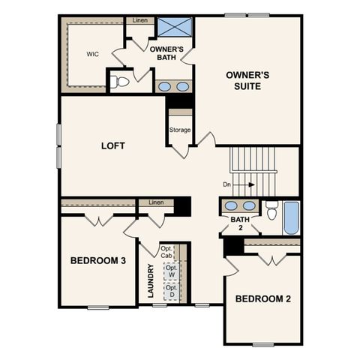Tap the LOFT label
pos(113,145)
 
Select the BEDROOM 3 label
pos(97,261)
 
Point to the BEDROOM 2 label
pos(263,298)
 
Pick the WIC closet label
pos(93,54)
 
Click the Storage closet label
pos(180,130)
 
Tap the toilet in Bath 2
pos(272,208)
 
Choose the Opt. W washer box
pos(172,271)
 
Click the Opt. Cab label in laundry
pos(166,252)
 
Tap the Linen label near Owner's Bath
pos(139,20)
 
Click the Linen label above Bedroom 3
pos(156,202)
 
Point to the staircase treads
pos(253,160)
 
